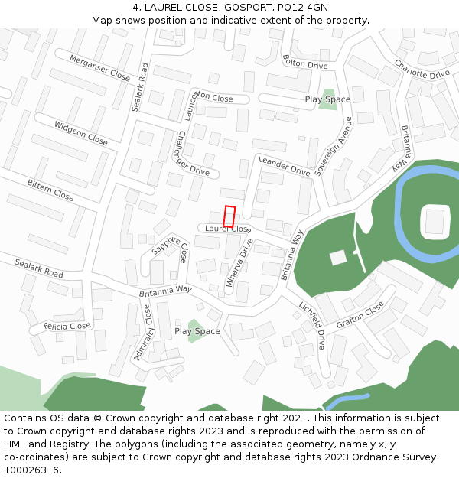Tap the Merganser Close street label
(99, 67)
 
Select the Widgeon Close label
(80, 132)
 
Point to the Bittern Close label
(50, 190)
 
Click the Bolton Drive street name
(304, 62)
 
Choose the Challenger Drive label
(182, 153)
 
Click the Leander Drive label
(285, 165)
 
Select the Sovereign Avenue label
(334, 147)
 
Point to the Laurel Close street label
(227, 229)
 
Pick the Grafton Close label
(360, 314)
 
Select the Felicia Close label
(67, 326)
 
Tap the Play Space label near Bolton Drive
(327, 99)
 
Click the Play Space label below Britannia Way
(197, 331)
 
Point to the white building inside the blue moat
(435, 221)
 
